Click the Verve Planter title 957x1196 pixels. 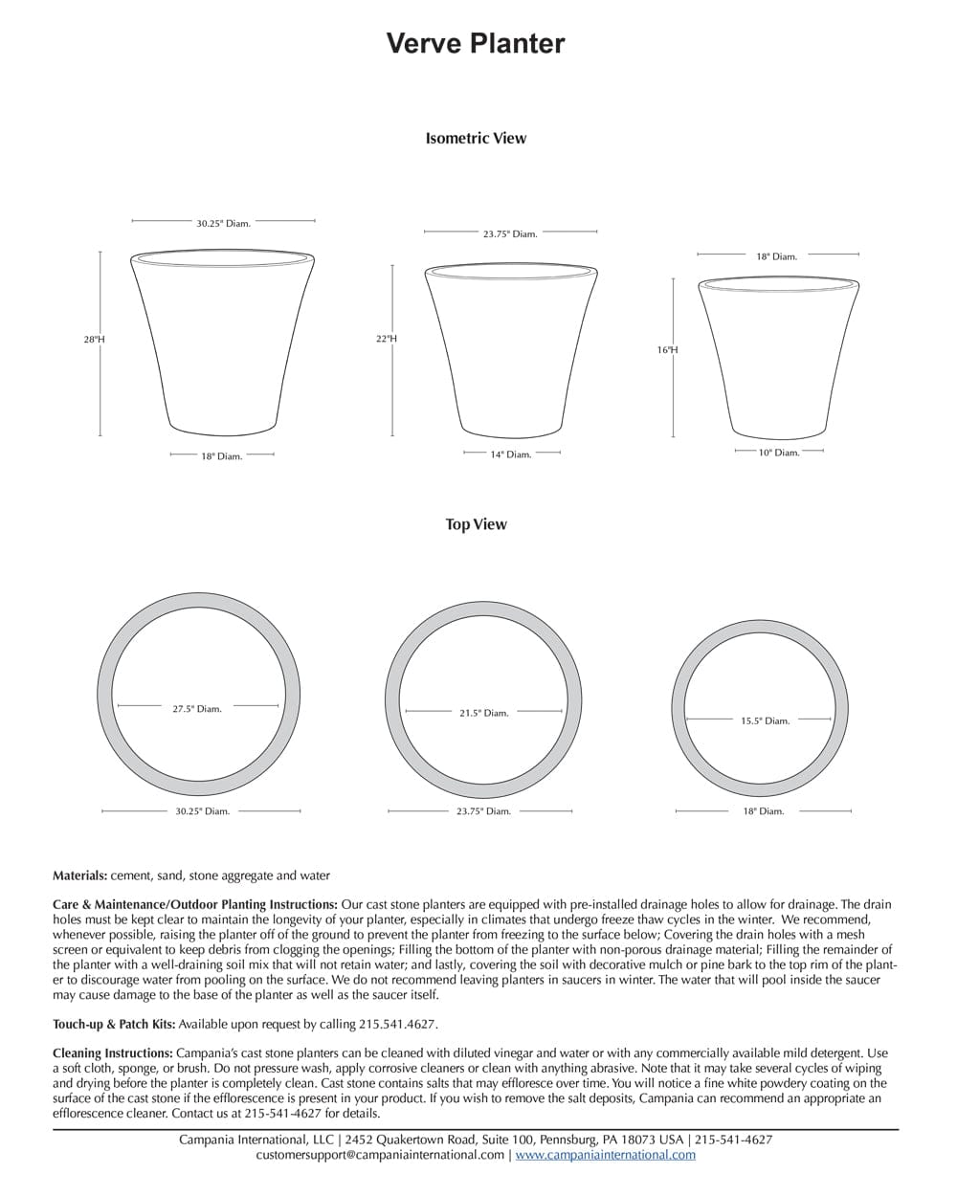click(476, 43)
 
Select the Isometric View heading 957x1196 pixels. click(476, 138)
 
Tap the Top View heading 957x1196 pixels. click(476, 524)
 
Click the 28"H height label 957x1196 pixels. click(94, 340)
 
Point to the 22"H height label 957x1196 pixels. click(387, 339)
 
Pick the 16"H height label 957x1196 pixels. click(667, 350)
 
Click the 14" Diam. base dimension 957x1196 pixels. click(511, 454)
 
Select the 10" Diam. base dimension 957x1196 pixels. click(779, 453)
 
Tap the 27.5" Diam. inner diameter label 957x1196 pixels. click(197, 709)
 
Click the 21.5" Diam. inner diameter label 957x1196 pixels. click(484, 713)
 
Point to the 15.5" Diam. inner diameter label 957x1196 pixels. click(766, 720)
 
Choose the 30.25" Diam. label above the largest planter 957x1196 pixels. click(224, 224)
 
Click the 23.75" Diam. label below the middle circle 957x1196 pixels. click(483, 811)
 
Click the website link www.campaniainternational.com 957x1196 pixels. click(606, 1155)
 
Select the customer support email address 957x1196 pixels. click(380, 1155)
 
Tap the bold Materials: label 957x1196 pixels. click(79, 875)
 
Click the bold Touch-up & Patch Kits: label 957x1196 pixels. click(114, 1025)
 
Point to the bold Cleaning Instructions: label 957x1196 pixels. click(113, 1053)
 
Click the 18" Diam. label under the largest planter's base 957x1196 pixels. click(222, 456)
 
